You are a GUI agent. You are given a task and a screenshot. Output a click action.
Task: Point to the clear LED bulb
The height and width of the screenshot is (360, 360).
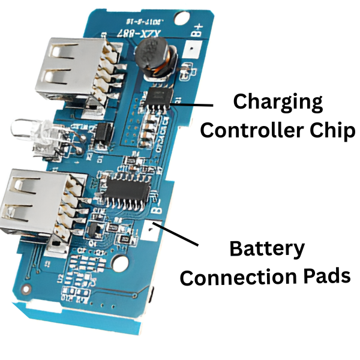point(31,130)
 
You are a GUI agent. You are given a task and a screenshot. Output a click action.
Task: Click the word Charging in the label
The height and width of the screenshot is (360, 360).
point(277,103)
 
